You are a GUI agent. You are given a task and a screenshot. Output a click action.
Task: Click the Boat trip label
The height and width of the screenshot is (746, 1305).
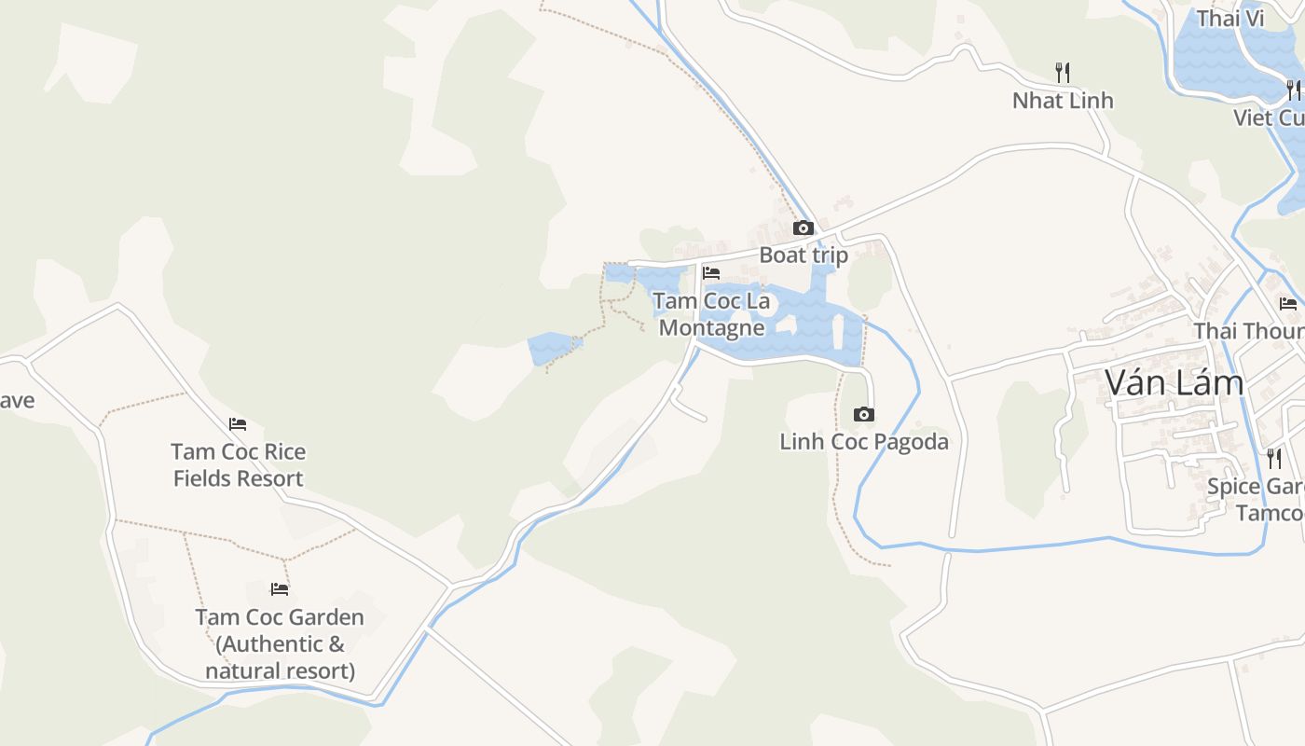click(804, 255)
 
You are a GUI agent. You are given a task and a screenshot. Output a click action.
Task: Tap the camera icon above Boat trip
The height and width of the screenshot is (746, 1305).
click(803, 228)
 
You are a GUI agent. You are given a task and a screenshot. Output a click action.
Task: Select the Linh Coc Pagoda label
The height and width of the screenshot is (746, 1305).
click(864, 441)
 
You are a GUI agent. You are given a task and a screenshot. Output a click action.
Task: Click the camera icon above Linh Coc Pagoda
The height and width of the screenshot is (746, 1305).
click(864, 414)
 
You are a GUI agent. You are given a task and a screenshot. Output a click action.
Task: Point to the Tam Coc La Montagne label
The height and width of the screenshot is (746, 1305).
click(712, 314)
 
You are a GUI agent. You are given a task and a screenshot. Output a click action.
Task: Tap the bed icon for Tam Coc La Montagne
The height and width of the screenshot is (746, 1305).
click(711, 273)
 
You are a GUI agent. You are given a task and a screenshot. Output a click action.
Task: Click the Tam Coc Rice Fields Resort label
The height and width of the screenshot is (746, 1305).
click(238, 464)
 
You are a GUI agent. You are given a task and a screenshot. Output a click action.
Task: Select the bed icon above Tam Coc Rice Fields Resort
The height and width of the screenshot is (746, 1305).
click(238, 424)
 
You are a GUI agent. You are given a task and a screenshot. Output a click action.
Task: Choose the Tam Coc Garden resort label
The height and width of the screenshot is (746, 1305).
click(280, 643)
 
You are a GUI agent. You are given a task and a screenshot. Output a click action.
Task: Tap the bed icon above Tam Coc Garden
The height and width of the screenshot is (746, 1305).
click(279, 589)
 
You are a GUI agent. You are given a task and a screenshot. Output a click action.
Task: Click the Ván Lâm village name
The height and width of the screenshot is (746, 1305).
click(1174, 382)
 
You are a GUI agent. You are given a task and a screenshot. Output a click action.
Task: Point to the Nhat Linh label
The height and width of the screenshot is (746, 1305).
click(1063, 100)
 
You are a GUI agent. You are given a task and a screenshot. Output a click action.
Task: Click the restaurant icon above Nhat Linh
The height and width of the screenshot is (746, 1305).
click(1062, 71)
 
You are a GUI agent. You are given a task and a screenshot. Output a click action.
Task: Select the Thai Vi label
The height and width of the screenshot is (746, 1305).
click(1229, 19)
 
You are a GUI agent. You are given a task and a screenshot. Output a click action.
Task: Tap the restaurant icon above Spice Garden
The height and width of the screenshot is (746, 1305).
click(1273, 458)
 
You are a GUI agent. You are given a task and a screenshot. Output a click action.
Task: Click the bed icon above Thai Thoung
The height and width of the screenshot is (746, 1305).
click(1288, 303)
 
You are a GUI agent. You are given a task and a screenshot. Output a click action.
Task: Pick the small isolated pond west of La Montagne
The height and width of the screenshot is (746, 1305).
click(552, 349)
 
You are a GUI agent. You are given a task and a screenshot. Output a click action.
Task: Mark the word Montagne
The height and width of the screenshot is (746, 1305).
click(712, 327)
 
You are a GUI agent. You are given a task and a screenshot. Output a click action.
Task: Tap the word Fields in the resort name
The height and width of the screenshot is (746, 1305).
click(203, 478)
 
